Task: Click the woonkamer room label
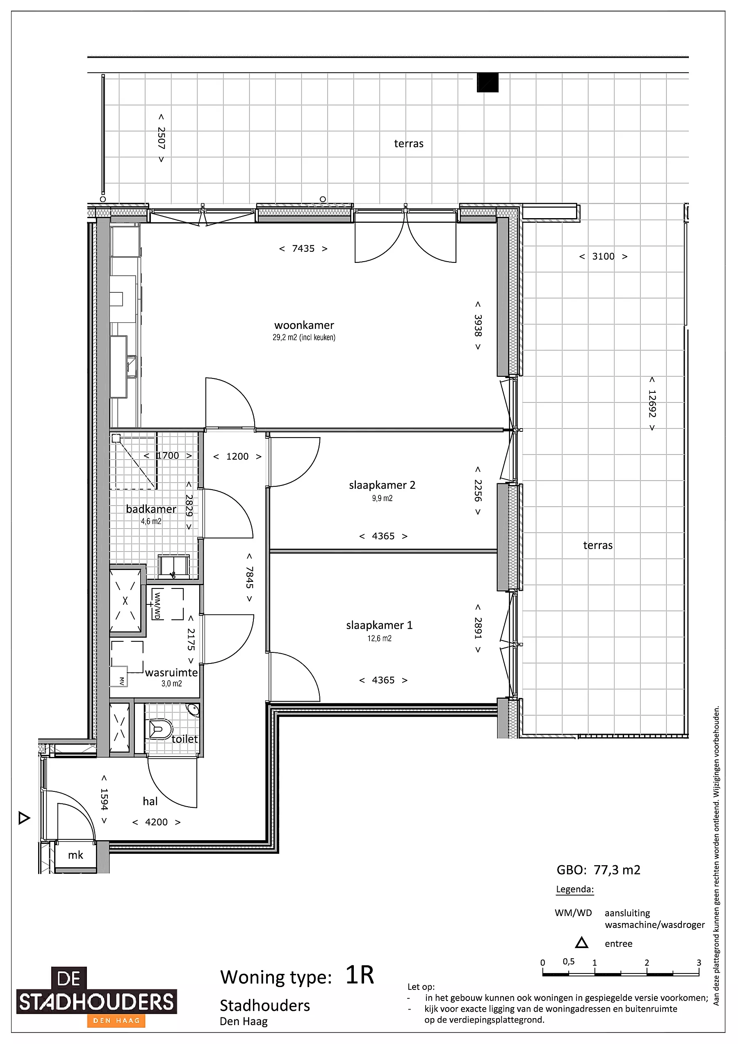(304, 325)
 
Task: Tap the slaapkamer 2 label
(382, 485)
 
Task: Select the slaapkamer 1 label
(379, 625)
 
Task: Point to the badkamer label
(151, 509)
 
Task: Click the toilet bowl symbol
(158, 729)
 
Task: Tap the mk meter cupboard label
(75, 855)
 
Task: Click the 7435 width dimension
(303, 248)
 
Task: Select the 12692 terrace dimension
(652, 403)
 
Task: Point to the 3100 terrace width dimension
(603, 256)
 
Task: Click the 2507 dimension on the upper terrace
(161, 138)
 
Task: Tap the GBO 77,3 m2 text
(599, 870)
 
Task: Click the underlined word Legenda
(575, 889)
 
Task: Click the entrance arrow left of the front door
(24, 818)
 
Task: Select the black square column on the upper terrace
(487, 82)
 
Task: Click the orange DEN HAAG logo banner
(116, 1020)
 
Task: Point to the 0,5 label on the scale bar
(568, 961)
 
